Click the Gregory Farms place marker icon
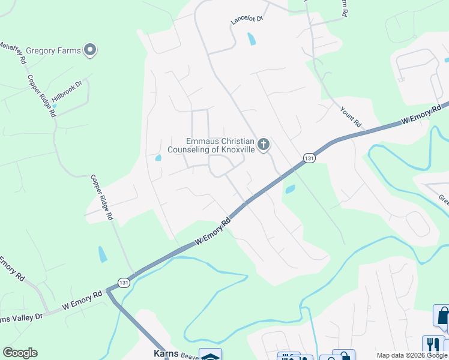click(90, 50)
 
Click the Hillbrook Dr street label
click(66, 92)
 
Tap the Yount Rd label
click(351, 117)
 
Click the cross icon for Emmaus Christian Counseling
click(263, 145)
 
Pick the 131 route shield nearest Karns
click(123, 283)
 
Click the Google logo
click(20, 353)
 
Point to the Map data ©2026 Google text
click(412, 355)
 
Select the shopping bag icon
click(442, 316)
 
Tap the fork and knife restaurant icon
click(432, 345)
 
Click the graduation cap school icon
click(211, 355)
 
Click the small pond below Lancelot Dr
click(251, 40)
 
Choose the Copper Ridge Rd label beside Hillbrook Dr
click(41, 97)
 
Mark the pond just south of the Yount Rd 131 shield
click(291, 190)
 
